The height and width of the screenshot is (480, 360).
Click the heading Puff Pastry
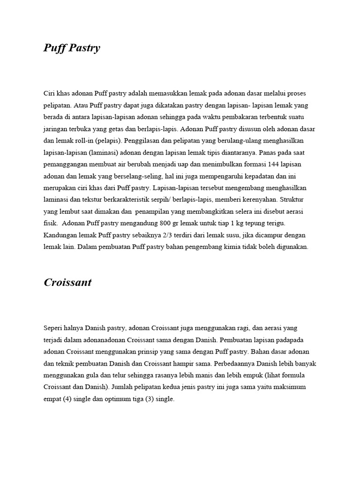click(x=72, y=48)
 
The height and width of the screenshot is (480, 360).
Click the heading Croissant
click(x=67, y=282)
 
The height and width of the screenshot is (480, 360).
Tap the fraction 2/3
click(x=165, y=234)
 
